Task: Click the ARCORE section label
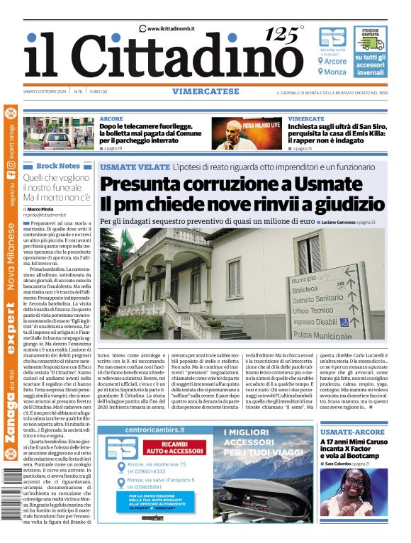coord(111,118)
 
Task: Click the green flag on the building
coord(125,245)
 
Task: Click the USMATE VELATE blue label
coord(135,167)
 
